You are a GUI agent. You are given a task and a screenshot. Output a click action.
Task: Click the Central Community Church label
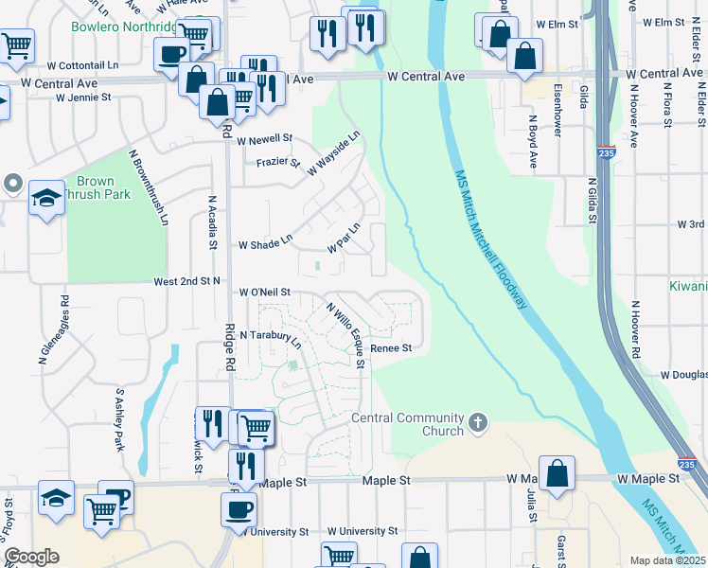(407, 424)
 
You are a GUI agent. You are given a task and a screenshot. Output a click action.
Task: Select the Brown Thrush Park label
(96, 187)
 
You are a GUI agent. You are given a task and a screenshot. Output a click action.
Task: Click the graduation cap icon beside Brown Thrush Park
(45, 198)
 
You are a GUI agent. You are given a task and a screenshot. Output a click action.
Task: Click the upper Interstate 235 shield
(606, 153)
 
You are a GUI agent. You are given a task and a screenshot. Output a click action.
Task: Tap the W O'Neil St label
(264, 293)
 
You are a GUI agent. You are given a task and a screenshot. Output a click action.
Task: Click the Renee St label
(391, 348)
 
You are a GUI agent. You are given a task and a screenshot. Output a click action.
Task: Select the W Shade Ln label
(265, 244)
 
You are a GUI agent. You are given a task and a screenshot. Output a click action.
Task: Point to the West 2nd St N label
(187, 281)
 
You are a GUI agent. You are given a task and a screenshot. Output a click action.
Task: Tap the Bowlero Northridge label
(123, 26)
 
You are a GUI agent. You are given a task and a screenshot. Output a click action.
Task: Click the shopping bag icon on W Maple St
(558, 473)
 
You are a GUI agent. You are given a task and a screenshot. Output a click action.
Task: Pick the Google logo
(31, 557)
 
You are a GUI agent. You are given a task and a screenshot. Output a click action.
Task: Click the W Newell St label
(265, 139)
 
